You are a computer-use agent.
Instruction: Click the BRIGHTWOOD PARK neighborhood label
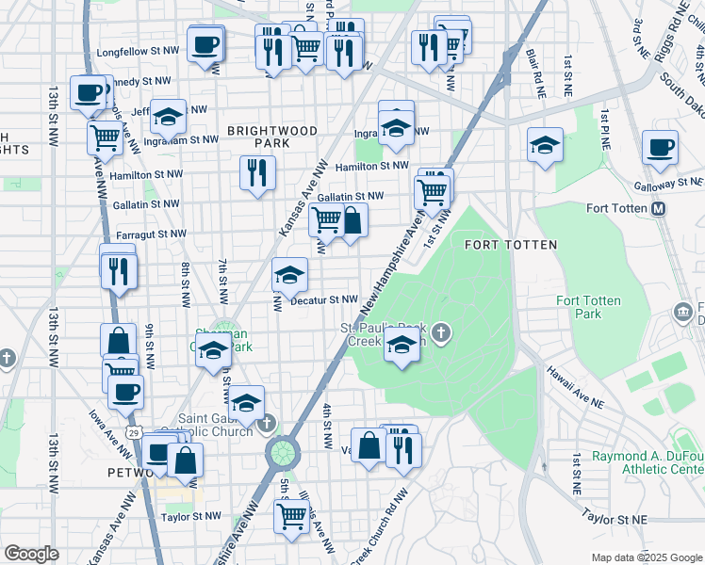[257, 136]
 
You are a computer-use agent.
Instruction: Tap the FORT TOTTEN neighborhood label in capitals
[511, 245]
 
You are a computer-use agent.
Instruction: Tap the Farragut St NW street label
[151, 234]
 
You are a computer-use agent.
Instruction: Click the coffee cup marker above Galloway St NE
[660, 147]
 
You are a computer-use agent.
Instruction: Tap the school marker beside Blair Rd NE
[545, 145]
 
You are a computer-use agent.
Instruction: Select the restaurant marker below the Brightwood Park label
[257, 172]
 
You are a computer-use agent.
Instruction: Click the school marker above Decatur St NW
[289, 274]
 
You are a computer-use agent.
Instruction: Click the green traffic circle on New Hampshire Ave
[281, 453]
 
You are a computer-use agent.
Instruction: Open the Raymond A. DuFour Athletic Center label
[647, 462]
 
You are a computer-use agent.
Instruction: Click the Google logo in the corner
[31, 554]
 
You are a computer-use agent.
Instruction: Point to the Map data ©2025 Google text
[645, 557]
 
